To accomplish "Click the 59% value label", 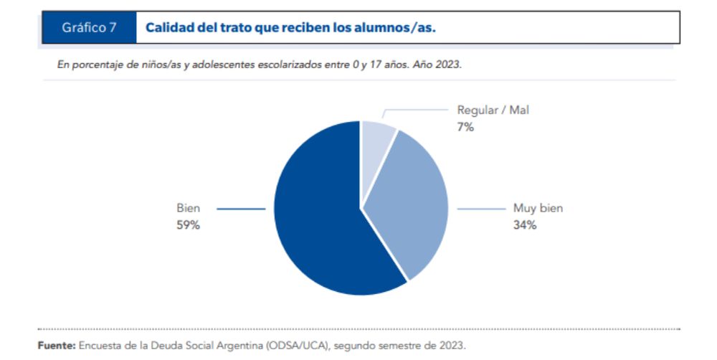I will [188, 225].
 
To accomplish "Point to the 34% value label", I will [524, 225].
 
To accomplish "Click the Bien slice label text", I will [188, 209].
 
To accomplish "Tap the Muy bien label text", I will [538, 209].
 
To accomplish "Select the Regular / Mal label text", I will [493, 110].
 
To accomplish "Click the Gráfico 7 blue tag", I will [89, 27].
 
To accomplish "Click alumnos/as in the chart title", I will [397, 27].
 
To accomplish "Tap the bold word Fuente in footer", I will [56, 345].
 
